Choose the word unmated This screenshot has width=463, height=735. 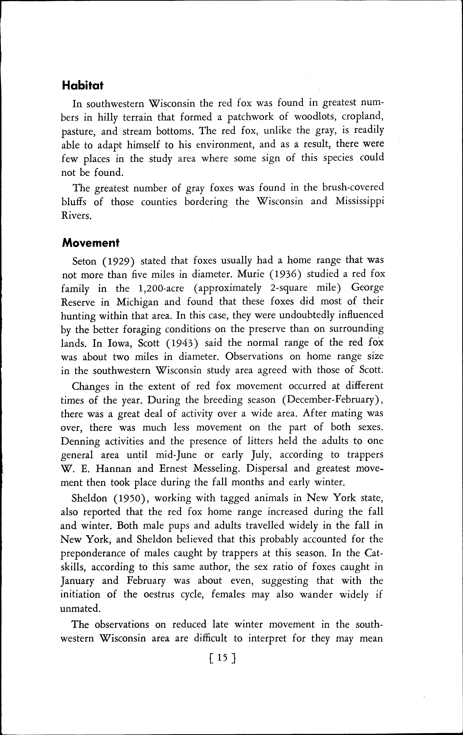80,609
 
